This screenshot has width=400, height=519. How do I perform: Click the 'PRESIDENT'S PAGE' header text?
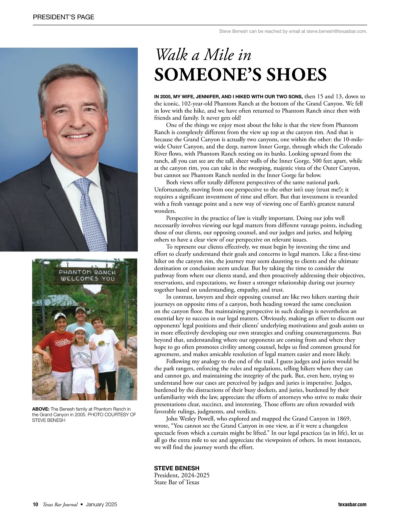tap(64, 17)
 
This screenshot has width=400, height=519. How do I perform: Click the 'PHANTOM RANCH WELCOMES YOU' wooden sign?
tap(87, 275)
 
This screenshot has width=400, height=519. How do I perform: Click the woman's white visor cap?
tap(80, 330)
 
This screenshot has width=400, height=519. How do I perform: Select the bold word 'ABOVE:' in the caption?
tap(41, 409)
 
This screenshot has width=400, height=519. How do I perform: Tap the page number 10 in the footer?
tap(36, 504)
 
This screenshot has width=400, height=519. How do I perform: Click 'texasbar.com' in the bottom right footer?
tap(351, 504)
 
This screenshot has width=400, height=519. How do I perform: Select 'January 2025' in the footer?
tap(101, 504)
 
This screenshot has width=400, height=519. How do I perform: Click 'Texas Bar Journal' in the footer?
tap(60, 504)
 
